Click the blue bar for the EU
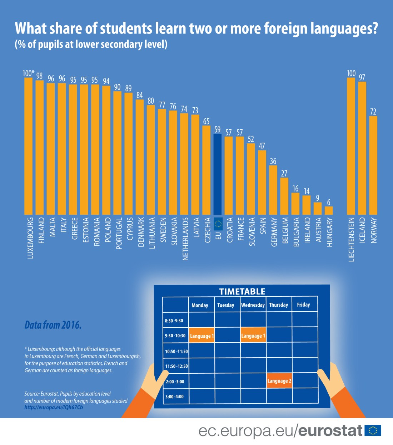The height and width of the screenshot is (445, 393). tap(217, 174)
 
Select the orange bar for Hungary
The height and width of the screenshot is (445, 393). tap(329, 210)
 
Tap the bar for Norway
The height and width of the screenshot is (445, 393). tap(373, 165)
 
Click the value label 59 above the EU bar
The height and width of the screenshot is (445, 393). tap(217, 129)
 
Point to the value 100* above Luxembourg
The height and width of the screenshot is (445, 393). tap(29, 73)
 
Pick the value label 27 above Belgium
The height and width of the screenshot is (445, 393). tap(284, 173)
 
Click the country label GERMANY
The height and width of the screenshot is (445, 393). tap(274, 232)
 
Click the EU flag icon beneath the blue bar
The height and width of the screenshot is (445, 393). tap(218, 224)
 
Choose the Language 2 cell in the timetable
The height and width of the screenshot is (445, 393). tap(279, 381)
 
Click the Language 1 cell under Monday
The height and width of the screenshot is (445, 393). tap(202, 336)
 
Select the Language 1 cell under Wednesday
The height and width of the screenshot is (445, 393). tap(253, 336)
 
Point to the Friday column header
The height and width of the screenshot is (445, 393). tap(303, 305)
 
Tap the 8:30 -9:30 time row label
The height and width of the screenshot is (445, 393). tap(174, 321)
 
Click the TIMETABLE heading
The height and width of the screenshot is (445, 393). tap(242, 291)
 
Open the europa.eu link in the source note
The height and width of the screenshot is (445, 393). tap(54, 407)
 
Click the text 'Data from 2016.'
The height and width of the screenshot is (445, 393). tap(53, 325)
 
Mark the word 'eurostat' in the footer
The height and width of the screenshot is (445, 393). tap(330, 431)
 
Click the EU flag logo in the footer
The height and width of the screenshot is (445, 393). tap(373, 431)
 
